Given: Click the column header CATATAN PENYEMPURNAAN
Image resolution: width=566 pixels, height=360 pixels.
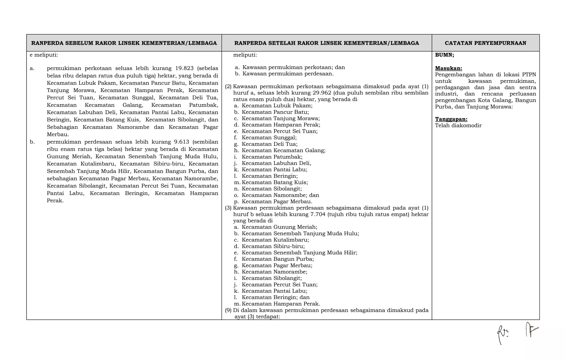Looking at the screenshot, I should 485,43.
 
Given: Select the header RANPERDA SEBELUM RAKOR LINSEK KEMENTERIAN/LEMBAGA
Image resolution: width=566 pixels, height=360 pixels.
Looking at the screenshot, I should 124,43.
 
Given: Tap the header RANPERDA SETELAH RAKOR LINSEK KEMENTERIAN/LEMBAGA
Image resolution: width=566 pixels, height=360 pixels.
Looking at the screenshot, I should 326,43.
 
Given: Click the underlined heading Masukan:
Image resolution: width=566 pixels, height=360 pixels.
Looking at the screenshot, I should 448,68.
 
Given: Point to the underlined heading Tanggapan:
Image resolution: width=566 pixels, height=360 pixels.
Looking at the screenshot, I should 451,119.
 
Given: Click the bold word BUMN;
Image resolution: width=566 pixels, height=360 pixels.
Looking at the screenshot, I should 444,55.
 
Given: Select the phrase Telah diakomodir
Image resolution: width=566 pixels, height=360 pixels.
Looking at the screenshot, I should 458,125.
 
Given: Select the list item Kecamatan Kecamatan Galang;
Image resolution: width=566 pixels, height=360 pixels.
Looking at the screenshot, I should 283,151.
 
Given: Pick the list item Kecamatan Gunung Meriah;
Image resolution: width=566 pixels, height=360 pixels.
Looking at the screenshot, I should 279,227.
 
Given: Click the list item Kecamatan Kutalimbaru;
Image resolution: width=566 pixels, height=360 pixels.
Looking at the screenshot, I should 275,240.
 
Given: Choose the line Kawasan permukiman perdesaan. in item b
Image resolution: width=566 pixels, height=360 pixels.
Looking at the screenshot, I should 288,74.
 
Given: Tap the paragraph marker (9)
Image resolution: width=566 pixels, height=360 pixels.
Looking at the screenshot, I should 228,310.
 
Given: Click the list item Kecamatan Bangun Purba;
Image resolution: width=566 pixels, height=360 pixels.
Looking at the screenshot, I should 277,259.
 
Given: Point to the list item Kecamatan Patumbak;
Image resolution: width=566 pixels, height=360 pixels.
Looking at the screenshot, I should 272,157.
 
